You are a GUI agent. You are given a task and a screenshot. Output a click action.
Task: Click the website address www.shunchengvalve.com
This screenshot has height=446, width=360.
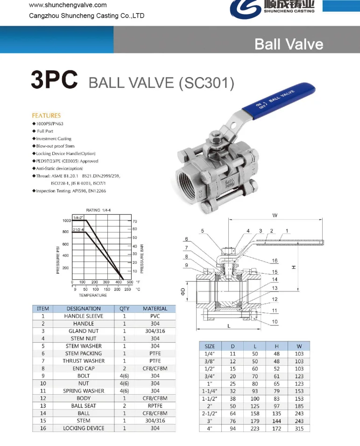click(x=68, y=5)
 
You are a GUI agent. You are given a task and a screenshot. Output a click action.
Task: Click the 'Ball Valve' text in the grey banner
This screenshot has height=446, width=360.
click(x=289, y=44)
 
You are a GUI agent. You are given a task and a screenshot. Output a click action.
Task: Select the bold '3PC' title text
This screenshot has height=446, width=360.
click(x=54, y=80)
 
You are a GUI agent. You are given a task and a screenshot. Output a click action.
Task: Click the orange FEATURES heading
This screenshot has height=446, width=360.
click(x=46, y=115)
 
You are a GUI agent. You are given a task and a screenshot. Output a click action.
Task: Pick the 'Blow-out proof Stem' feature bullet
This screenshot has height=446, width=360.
click(x=55, y=146)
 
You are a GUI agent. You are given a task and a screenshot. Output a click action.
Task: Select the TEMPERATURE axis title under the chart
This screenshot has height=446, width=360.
click(x=92, y=295)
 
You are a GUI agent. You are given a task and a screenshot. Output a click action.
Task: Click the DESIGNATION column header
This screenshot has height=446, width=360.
click(x=84, y=309)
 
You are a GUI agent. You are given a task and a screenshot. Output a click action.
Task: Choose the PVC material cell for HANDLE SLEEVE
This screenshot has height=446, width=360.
click(x=155, y=316)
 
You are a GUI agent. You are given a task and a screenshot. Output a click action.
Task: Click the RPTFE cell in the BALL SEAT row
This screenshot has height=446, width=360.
click(x=155, y=406)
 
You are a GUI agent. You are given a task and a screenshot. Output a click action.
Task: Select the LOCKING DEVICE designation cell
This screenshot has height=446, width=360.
click(x=84, y=428)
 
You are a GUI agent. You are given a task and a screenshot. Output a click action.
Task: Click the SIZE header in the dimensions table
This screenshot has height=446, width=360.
click(x=210, y=347)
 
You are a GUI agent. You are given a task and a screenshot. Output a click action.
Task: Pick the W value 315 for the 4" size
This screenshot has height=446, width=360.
click(x=299, y=428)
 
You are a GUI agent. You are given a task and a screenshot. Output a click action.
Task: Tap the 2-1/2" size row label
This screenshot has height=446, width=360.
click(x=210, y=413)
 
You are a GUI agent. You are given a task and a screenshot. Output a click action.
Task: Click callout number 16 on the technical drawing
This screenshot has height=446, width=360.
click(x=275, y=261)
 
